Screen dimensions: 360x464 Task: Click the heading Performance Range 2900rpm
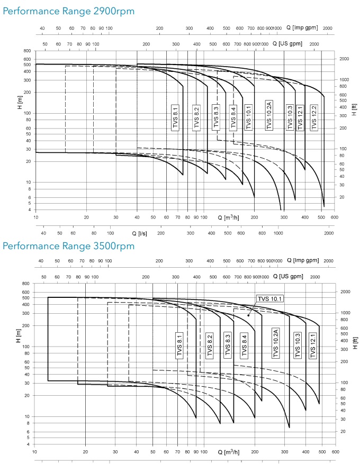tap(68, 11)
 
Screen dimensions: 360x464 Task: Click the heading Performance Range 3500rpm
tap(68, 246)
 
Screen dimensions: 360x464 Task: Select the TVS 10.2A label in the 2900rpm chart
tap(269, 115)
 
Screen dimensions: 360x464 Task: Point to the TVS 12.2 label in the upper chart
tap(314, 117)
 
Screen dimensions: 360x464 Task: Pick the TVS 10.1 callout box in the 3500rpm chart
tap(269, 298)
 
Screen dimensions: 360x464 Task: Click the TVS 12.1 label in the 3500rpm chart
tap(313, 345)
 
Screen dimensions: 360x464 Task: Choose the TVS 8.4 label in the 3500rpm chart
tap(244, 345)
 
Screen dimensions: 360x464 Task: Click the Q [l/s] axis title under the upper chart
tap(139, 233)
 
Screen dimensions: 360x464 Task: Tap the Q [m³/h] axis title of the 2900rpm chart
tap(228, 217)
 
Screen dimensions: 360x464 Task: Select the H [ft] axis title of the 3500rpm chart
tap(355, 343)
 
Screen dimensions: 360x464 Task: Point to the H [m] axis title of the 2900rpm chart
tap(20, 102)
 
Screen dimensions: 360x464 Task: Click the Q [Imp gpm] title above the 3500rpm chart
tap(303, 261)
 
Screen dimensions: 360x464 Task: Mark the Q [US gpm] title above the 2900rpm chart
tap(287, 44)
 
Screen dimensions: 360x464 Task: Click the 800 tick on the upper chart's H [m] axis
tap(27, 51)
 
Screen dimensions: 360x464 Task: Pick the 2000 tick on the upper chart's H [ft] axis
tap(344, 59)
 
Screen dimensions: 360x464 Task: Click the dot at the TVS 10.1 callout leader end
tap(248, 315)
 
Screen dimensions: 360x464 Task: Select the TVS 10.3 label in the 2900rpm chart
tap(290, 117)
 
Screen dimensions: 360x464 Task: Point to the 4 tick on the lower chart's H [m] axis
tap(29, 444)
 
